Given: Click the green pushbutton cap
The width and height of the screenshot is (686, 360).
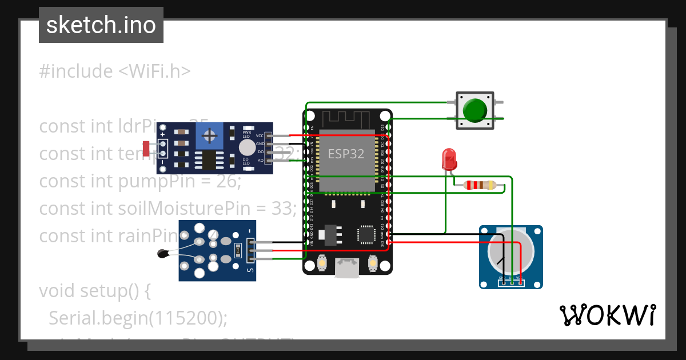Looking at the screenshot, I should point(476,110).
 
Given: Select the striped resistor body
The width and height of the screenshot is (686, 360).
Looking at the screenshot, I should point(480,185).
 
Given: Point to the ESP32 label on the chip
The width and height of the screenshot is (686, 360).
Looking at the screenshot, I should point(346,154).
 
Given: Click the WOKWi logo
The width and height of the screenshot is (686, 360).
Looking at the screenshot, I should point(607,315).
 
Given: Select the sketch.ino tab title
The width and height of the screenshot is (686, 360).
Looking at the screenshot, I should point(101,25).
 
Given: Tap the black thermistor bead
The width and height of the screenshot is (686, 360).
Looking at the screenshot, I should point(162,253).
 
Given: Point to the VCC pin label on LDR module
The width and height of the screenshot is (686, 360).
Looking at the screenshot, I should point(260,135).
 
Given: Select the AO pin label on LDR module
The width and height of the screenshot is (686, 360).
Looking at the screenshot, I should point(260,161).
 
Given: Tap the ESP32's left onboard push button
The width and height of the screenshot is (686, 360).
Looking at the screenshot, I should point(322,263).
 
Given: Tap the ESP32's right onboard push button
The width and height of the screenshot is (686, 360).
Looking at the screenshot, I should point(372,263).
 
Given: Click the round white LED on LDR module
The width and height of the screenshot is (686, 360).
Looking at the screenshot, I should point(247,147).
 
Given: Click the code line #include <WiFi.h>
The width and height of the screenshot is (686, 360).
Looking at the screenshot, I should point(114,71).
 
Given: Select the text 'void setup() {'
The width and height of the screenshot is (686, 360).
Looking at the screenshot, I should point(94,291).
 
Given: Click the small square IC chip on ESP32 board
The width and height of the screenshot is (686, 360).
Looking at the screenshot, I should point(366,234).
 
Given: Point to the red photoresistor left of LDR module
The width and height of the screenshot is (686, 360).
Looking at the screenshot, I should point(147,149).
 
